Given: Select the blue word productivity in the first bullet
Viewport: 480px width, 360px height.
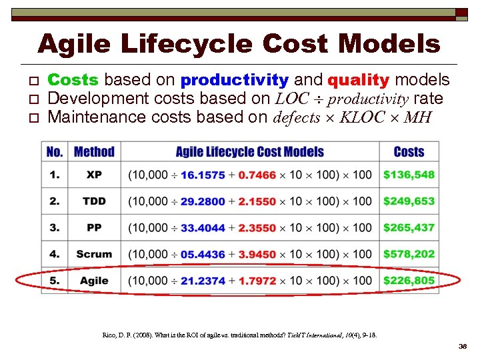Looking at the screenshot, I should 235,81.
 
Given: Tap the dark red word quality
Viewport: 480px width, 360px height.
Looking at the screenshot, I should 358,81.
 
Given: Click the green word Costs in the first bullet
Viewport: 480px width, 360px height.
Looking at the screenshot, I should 73,81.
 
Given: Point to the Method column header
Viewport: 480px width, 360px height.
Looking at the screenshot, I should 94,152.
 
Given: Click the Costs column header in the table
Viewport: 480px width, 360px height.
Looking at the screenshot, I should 409,152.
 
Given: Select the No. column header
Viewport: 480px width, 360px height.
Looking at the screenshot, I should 55,152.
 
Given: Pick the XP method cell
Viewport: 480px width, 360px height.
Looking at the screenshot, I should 94,175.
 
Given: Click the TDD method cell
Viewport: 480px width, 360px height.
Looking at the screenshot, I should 94,201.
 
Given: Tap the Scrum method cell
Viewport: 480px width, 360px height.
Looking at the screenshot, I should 94,254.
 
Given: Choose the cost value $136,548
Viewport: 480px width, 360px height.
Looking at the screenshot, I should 409,175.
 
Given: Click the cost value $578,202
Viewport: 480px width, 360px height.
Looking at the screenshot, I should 409,254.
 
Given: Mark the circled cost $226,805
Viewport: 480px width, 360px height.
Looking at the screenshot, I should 409,281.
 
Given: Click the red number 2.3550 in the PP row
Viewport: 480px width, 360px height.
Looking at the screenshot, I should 257,228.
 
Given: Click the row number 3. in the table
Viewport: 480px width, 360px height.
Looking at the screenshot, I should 55,228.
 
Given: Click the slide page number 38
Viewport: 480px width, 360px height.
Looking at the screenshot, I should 463,347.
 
